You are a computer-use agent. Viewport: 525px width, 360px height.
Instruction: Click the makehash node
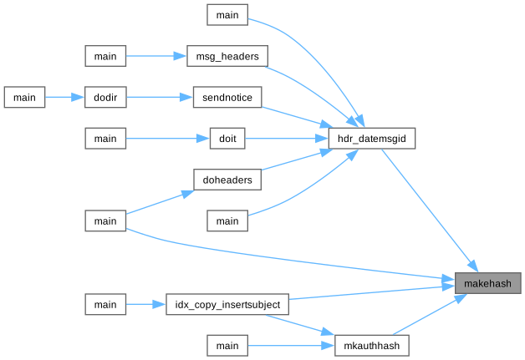(x=487, y=283)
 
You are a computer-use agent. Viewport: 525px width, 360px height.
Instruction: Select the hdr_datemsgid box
(x=370, y=139)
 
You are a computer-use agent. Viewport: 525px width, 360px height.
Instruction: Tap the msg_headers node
(x=227, y=56)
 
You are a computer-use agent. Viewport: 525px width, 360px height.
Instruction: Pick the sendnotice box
(x=227, y=97)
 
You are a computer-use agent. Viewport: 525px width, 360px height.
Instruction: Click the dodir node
(x=105, y=97)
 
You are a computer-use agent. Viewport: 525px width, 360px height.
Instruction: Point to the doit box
(x=227, y=139)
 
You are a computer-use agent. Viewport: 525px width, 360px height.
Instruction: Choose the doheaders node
(x=227, y=180)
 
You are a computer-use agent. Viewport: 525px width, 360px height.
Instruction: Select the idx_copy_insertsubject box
(x=227, y=304)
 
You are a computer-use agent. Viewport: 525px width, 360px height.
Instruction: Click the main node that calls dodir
(x=24, y=97)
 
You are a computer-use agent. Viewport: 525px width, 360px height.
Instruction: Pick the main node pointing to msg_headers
(x=105, y=56)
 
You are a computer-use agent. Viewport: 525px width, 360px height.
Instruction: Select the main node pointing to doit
(x=105, y=139)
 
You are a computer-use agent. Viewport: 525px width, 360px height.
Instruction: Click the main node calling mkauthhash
(x=227, y=345)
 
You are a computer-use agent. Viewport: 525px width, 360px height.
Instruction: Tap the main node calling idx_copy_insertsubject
(x=105, y=304)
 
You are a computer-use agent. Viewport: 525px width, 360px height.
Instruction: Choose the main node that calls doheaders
(x=105, y=221)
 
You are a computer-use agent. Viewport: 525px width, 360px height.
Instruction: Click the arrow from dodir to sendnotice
(x=159, y=97)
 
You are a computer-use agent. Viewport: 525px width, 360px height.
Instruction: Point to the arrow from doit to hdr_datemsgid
(x=284, y=139)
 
